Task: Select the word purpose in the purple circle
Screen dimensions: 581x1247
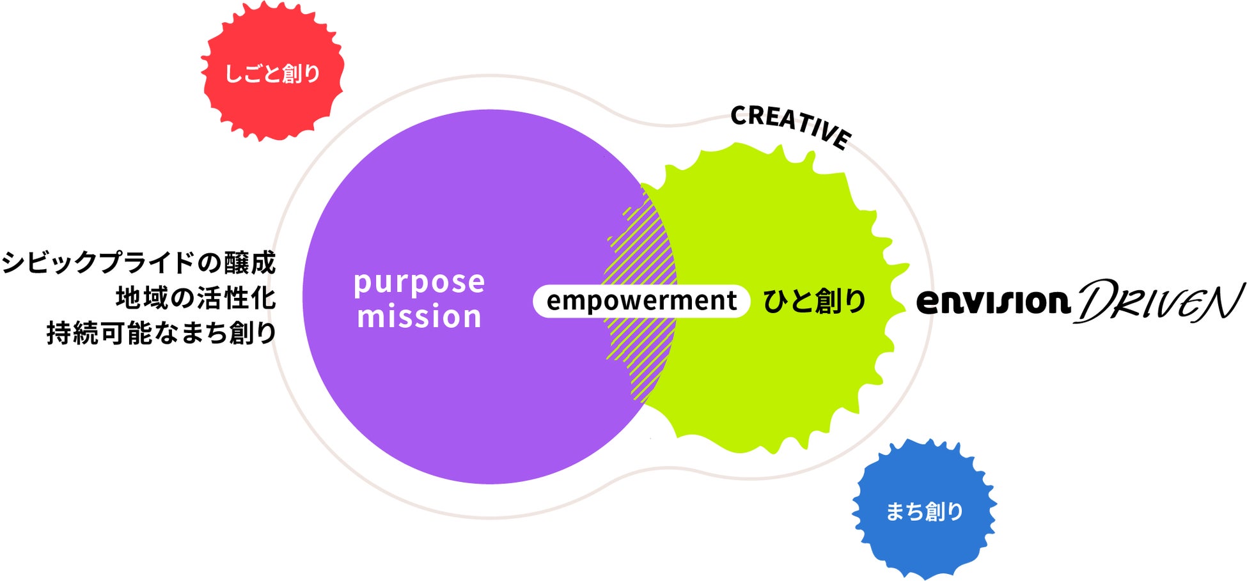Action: pyautogui.click(x=420, y=282)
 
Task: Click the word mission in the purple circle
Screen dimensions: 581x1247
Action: pyautogui.click(x=420, y=317)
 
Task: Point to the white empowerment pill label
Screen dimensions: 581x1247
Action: pyautogui.click(x=641, y=301)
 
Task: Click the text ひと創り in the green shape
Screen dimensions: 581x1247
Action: pyautogui.click(x=815, y=301)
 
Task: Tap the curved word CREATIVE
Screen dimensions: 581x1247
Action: pyautogui.click(x=790, y=125)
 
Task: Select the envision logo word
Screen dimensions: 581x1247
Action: pyautogui.click(x=993, y=302)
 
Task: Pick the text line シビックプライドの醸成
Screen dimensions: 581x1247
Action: pyautogui.click(x=139, y=263)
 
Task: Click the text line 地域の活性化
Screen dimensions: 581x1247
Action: pyautogui.click(x=196, y=298)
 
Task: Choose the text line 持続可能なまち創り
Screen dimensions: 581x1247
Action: pyautogui.click(x=161, y=333)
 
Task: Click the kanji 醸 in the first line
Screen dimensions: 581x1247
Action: pyautogui.click(x=237, y=263)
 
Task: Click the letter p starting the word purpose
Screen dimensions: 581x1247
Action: pyautogui.click(x=362, y=284)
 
